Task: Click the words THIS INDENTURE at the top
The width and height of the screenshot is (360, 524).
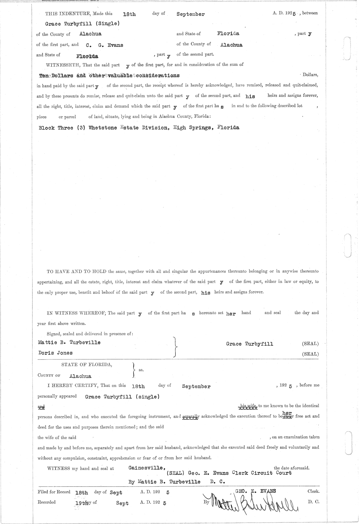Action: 68,14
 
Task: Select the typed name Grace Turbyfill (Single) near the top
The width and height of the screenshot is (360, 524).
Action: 82,24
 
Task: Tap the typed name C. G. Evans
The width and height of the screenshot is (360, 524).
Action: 102,45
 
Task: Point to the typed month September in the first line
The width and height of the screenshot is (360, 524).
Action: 190,14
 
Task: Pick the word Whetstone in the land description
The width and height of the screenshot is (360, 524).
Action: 103,128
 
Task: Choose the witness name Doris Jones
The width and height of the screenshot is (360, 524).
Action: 55,353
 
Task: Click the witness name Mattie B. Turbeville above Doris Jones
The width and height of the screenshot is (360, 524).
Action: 69,343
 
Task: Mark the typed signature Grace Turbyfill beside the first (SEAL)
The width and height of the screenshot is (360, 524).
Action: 250,344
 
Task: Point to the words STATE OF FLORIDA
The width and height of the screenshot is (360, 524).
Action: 87,365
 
